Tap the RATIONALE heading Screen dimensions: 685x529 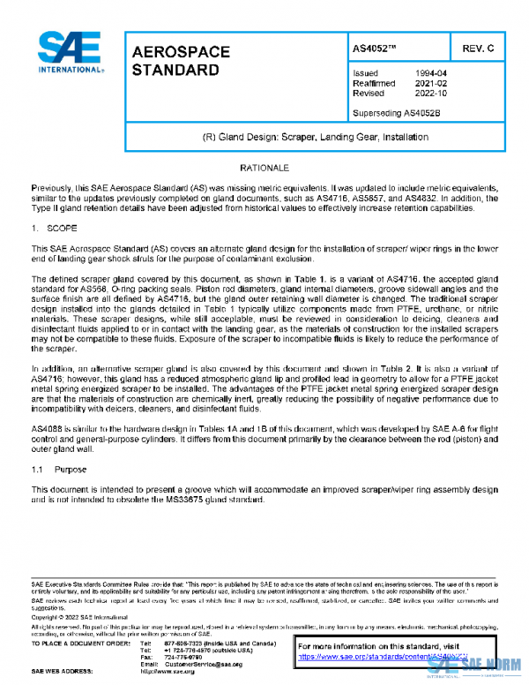pos(264,167)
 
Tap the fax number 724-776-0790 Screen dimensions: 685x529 pos(179,657)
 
